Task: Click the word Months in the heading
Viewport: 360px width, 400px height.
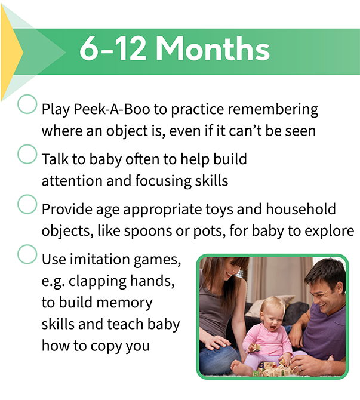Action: click(x=213, y=48)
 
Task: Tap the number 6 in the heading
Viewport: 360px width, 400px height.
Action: click(x=90, y=49)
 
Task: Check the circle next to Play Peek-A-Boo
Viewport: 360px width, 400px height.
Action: click(x=27, y=104)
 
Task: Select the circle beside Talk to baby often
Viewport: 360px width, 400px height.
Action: click(x=27, y=154)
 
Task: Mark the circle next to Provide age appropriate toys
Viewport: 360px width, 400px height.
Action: click(x=27, y=204)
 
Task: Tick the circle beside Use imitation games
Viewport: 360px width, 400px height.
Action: click(x=27, y=254)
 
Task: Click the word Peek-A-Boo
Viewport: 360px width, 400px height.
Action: click(x=112, y=109)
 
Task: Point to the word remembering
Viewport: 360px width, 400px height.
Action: click(x=273, y=110)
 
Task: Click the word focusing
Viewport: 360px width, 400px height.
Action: click(x=163, y=181)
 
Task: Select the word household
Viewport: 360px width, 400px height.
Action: click(x=301, y=209)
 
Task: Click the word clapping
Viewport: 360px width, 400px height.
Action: click(x=97, y=281)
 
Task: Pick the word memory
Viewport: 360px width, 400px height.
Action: click(x=125, y=303)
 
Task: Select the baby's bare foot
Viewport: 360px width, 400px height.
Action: click(x=241, y=367)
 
